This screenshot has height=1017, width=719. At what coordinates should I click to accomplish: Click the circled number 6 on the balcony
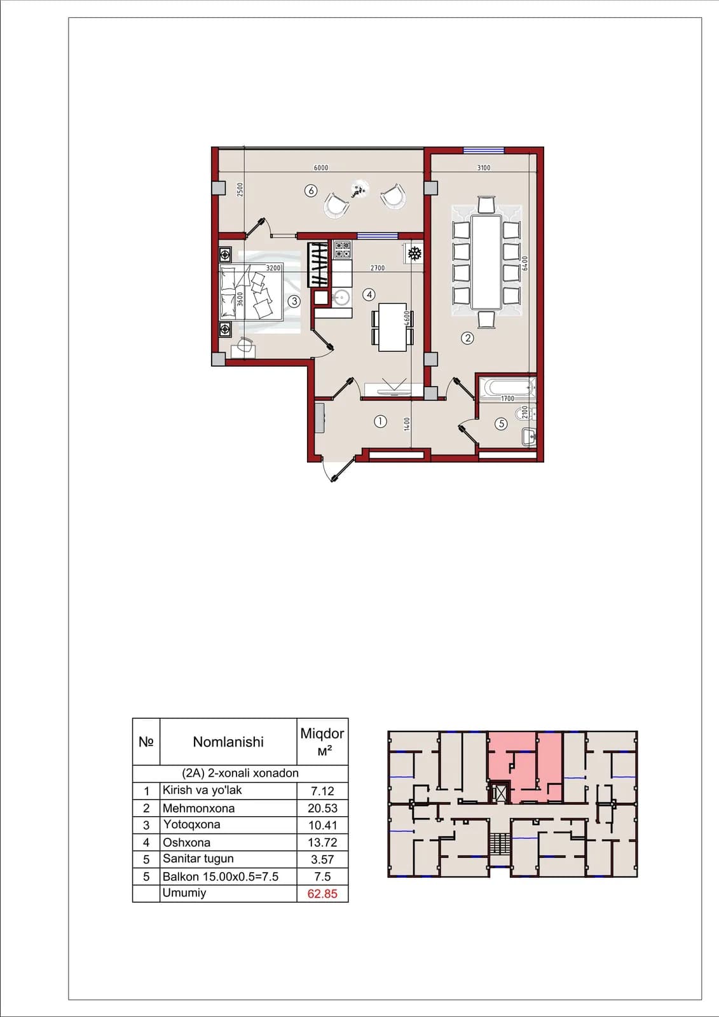[311, 191]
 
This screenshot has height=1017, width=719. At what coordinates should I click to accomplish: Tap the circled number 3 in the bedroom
[294, 301]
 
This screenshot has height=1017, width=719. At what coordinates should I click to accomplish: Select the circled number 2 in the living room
[467, 338]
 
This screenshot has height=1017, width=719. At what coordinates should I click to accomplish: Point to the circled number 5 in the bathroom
[501, 423]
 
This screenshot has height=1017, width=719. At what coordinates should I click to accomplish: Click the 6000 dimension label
[320, 168]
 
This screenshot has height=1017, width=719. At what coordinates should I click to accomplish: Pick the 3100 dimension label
[484, 168]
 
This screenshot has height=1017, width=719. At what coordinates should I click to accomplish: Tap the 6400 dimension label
[525, 263]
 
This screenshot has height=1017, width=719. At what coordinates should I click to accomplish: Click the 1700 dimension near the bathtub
[507, 398]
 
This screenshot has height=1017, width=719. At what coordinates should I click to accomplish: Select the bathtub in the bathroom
[508, 388]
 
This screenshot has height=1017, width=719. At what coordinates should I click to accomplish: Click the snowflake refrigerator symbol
[414, 254]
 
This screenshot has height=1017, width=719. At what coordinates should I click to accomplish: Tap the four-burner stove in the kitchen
[343, 250]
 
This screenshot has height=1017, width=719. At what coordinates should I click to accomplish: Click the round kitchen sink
[341, 298]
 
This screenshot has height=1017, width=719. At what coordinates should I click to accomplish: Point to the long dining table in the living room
[486, 263]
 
